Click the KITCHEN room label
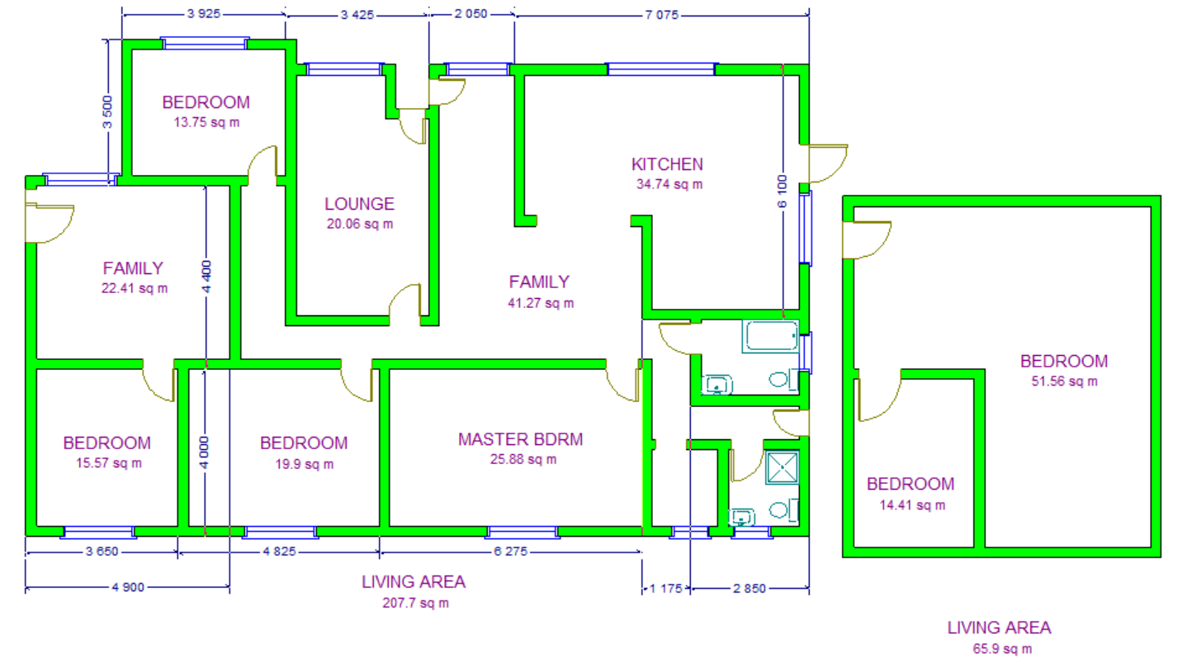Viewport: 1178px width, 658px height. tap(667, 164)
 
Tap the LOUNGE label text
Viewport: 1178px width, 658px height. tap(359, 204)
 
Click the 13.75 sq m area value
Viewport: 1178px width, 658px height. tap(206, 122)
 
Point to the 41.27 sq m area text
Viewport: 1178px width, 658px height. tap(541, 303)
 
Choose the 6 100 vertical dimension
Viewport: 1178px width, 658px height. tap(783, 192)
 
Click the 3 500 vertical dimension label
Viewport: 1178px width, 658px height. tap(106, 112)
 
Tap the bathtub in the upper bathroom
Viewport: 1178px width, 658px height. tap(771, 337)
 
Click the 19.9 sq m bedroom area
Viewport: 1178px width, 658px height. tap(305, 464)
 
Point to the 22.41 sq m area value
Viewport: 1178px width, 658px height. tap(135, 288)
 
